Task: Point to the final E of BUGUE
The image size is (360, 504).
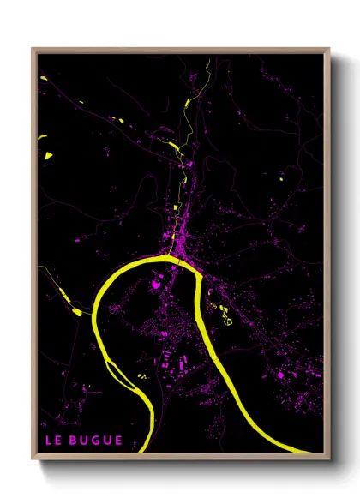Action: [x=118, y=441]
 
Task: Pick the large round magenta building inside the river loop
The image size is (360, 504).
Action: [x=157, y=285]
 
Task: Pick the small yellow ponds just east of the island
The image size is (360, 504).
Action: [x=142, y=373]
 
